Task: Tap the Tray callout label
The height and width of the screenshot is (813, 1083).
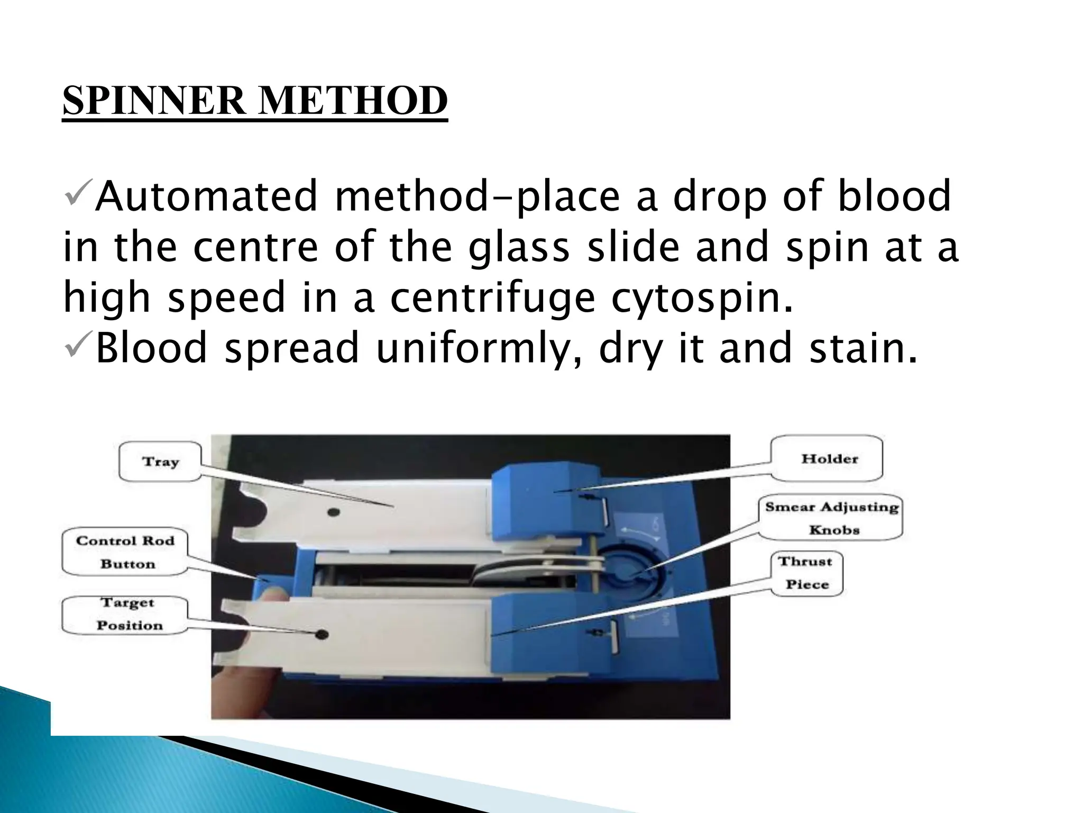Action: coord(160,462)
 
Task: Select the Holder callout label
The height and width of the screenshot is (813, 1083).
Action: coord(829,458)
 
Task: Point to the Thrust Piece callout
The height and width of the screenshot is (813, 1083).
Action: coord(805,573)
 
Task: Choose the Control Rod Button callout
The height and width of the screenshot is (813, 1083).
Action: coord(125,552)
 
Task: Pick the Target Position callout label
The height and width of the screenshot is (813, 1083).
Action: coord(127,614)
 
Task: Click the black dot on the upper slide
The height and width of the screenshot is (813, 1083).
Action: coord(333,512)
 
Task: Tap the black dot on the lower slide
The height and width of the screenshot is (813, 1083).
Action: coord(321,635)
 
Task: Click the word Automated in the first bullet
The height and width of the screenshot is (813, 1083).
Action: coord(207,196)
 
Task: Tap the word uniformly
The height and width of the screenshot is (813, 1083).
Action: coord(479,348)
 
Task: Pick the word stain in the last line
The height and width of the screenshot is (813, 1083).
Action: coord(863,348)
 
